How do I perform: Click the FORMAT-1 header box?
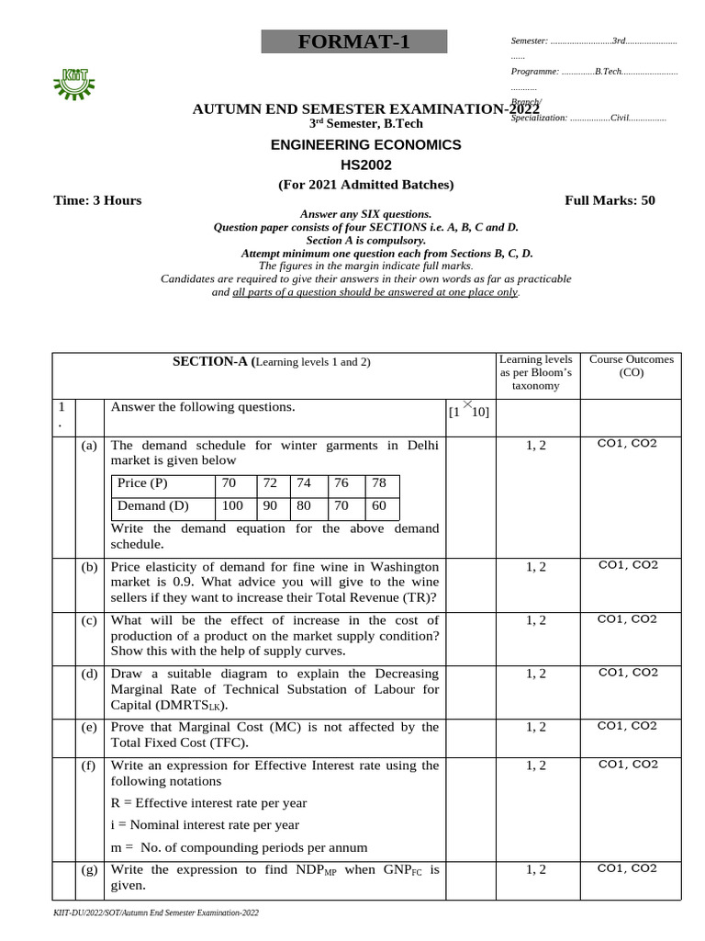(x=353, y=42)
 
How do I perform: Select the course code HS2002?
(x=365, y=164)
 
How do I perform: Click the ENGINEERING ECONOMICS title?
(x=365, y=145)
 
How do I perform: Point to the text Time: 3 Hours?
(x=97, y=200)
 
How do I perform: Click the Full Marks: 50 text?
(x=610, y=200)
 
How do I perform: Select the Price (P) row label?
(x=142, y=483)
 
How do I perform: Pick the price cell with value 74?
(x=304, y=483)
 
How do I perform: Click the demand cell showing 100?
(x=232, y=505)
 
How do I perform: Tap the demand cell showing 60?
(x=379, y=505)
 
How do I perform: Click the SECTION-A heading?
(x=272, y=362)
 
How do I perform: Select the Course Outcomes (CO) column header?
(x=631, y=366)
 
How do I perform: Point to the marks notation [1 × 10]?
(x=468, y=411)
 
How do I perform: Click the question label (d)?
(x=89, y=674)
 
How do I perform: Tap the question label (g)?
(x=89, y=869)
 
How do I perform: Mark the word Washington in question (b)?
(x=392, y=567)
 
